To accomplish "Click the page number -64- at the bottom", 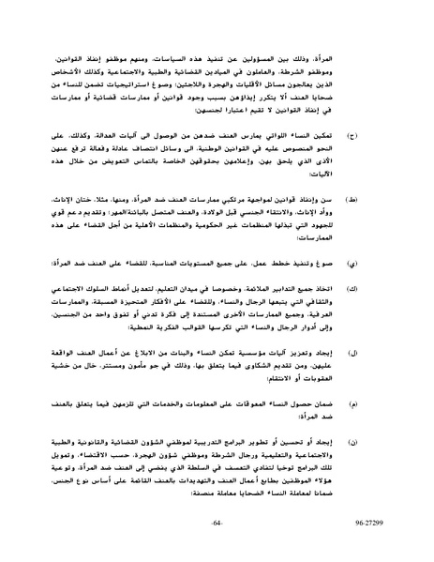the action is pyautogui.click(x=217, y=544).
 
